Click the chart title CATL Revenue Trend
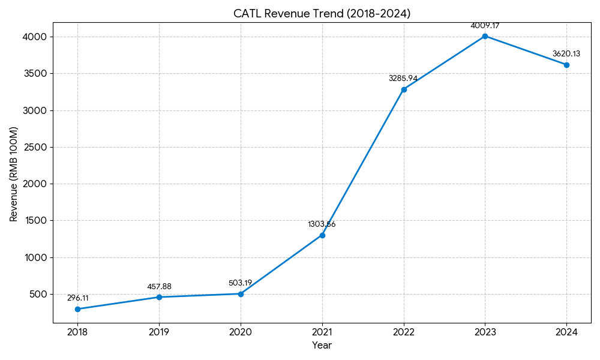coord(322,13)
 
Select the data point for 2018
coord(77,309)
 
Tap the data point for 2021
coord(322,235)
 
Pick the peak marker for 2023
coord(485,36)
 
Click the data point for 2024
coord(566,65)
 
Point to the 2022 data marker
coord(404,89)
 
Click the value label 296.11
coord(77,298)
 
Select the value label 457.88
coord(159,287)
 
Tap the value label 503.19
coord(241,283)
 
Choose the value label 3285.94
coord(403,79)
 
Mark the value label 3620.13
coord(566,54)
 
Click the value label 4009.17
coord(485,26)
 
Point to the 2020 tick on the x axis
coord(241,331)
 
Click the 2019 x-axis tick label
coord(159,331)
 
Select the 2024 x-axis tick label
coord(566,331)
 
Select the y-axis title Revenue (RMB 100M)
coord(14,174)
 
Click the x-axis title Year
coord(322,346)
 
